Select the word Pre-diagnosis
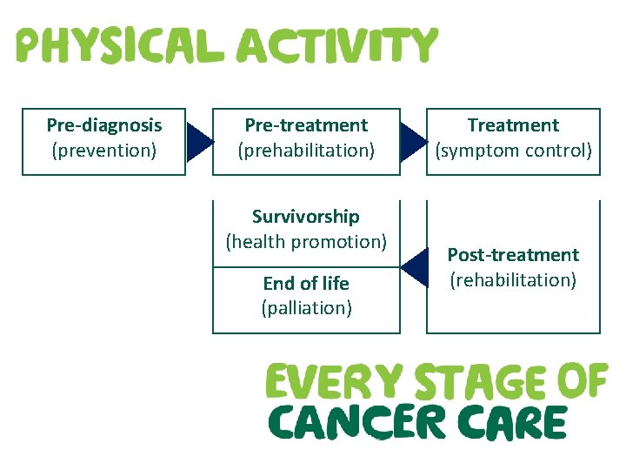[x=104, y=125]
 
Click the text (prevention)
[x=104, y=151]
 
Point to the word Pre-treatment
[x=306, y=125]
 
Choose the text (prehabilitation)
[x=306, y=151]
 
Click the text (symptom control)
[x=513, y=151]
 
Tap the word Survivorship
[x=306, y=216]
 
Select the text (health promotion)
[x=306, y=241]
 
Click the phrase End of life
[x=306, y=283]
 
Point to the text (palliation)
[x=306, y=307]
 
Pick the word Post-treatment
[x=513, y=255]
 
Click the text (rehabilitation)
[x=513, y=279]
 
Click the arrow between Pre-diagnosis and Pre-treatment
[x=199, y=142]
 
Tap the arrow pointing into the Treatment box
[x=413, y=142]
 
